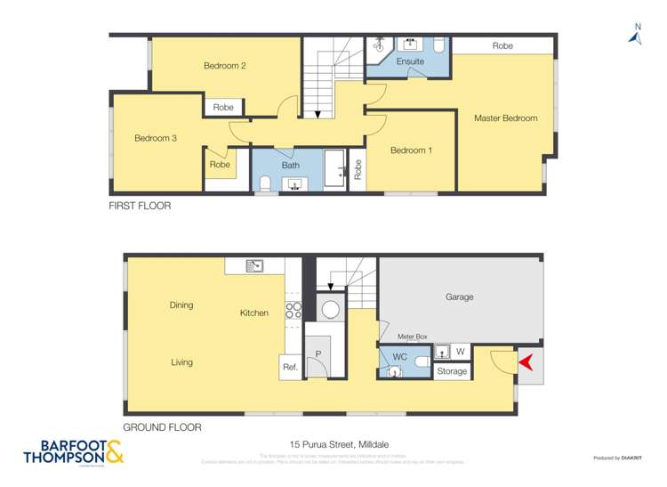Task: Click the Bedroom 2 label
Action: coord(224,66)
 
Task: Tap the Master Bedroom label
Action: coord(505,118)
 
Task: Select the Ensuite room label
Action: coord(410,61)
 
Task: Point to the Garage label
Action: coord(459,297)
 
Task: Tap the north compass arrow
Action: coord(635,36)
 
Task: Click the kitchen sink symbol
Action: coord(254,265)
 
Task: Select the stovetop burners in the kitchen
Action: coord(293,310)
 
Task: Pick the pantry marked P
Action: coord(317,353)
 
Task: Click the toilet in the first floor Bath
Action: coord(265,184)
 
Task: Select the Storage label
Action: coord(452,371)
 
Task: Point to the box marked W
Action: coord(461,352)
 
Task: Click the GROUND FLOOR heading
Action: coord(162,427)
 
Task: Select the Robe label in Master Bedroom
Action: coord(502,45)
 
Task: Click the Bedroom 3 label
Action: coord(156,138)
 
